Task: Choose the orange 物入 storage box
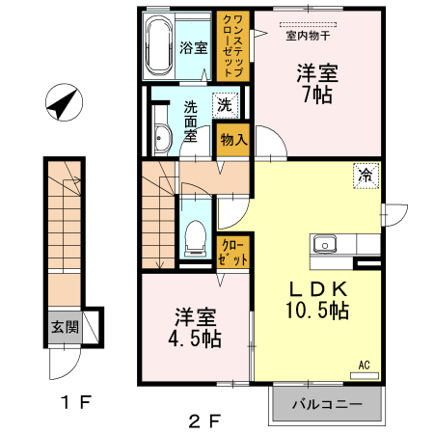coord(233,140)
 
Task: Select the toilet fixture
coord(194,233)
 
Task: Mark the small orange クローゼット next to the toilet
coord(233,254)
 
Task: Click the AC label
coord(364,366)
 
